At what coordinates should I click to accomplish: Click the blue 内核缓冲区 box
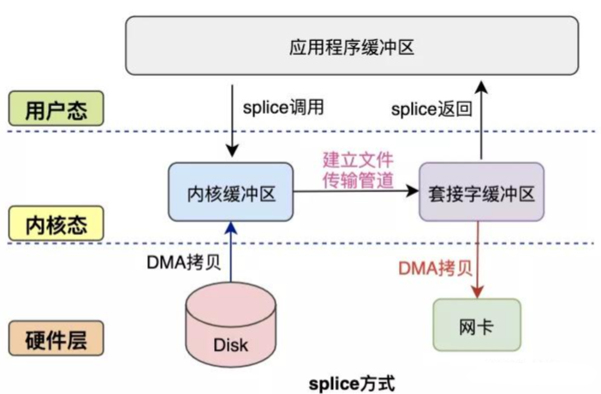pos(231,193)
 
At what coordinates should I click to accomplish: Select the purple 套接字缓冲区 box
pos(480,193)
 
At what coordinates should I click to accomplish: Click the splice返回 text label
pos(430,109)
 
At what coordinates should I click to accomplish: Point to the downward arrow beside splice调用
pos(231,120)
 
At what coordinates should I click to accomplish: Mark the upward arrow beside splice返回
pos(481,120)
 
